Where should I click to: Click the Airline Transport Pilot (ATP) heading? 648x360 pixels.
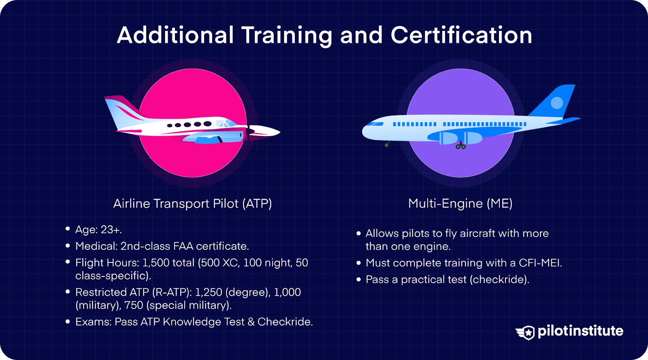(192, 203)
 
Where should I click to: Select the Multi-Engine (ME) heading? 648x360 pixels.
(460, 203)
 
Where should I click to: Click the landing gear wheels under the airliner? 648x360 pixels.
(460, 146)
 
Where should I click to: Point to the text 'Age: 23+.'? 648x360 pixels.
(98, 230)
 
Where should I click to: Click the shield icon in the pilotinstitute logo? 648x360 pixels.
(526, 332)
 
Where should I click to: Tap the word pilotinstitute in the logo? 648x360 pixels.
(580, 331)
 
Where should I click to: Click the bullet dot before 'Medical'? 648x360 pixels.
(68, 245)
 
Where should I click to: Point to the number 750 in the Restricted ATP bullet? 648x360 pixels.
(134, 305)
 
